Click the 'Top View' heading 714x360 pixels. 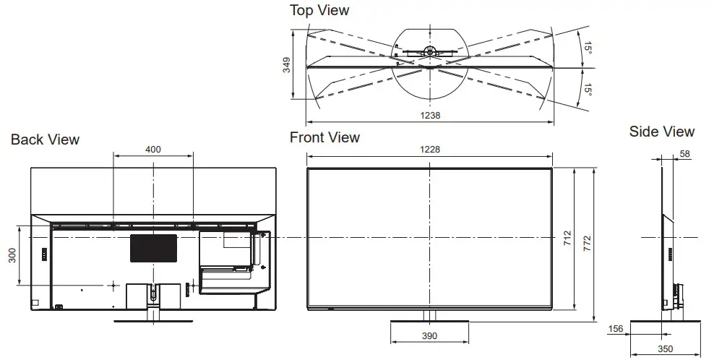(x=319, y=10)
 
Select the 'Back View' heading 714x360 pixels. (x=45, y=140)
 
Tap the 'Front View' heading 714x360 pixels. (x=324, y=137)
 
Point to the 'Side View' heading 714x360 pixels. (x=661, y=132)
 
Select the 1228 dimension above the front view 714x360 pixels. (x=429, y=150)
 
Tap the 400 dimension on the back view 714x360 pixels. (x=153, y=150)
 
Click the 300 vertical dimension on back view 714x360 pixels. (x=12, y=255)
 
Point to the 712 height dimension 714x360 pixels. (x=567, y=239)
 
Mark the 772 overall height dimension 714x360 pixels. (x=587, y=240)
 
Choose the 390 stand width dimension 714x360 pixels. (x=429, y=336)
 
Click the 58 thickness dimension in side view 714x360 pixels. (x=684, y=154)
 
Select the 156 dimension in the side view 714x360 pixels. (x=616, y=330)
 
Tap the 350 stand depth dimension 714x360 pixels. (x=666, y=349)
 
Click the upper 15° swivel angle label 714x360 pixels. (x=588, y=49)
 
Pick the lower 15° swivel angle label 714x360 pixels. (x=588, y=89)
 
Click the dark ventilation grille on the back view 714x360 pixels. (x=153, y=247)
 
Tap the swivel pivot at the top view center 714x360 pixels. (x=429, y=51)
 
